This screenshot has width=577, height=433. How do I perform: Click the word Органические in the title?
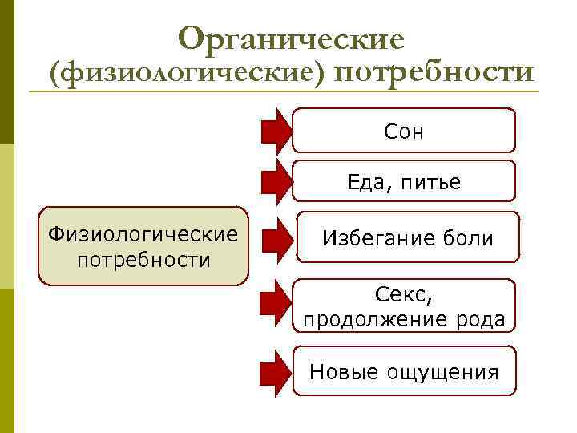[x=292, y=38]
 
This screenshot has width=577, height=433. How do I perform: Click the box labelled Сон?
[x=404, y=131]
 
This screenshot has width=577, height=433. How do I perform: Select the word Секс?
[x=404, y=295]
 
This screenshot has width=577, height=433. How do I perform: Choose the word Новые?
[x=344, y=372]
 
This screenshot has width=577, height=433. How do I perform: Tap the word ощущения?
[x=443, y=372]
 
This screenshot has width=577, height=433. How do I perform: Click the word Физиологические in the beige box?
[x=143, y=234]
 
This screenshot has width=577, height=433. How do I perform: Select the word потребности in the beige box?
[x=143, y=260]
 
